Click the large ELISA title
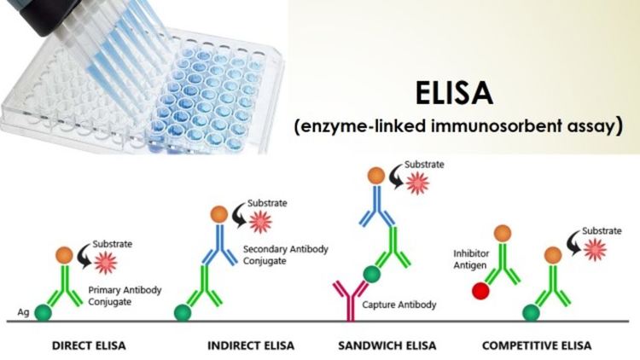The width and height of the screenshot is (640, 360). [x=454, y=93]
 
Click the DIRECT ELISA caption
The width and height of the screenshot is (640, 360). [x=89, y=345]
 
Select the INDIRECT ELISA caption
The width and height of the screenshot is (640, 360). [x=251, y=345]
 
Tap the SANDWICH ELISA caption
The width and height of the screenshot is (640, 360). [x=387, y=345]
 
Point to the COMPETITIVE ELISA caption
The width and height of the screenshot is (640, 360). [x=537, y=345]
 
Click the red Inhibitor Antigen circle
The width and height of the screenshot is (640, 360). [x=480, y=291]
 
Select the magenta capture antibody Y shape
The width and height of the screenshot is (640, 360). [x=351, y=300]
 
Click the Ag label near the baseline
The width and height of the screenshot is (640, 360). [x=23, y=312]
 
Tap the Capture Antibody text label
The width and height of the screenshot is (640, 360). [x=399, y=305]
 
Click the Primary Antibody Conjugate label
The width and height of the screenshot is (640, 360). [x=125, y=296]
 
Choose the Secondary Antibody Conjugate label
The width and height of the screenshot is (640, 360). [x=286, y=255]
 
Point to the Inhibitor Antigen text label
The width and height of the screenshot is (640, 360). [x=471, y=259]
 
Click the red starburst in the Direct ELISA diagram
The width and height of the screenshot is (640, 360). [x=106, y=263]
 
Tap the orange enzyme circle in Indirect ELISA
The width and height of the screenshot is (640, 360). [x=219, y=214]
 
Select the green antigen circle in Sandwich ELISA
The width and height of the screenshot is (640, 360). [x=371, y=274]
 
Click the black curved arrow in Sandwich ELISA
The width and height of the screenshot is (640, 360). [x=395, y=177]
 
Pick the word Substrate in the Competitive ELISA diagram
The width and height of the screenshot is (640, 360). [x=602, y=230]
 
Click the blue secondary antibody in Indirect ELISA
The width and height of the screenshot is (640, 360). [x=219, y=245]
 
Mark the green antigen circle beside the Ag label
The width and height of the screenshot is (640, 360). [x=43, y=312]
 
